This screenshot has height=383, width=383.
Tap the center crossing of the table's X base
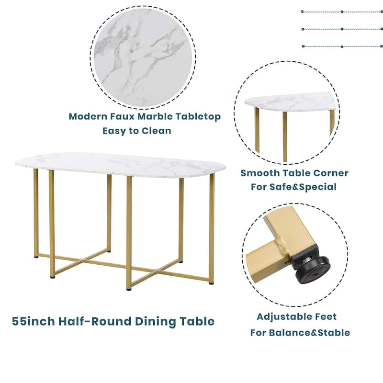84,261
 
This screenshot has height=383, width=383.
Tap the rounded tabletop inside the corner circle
290,101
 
